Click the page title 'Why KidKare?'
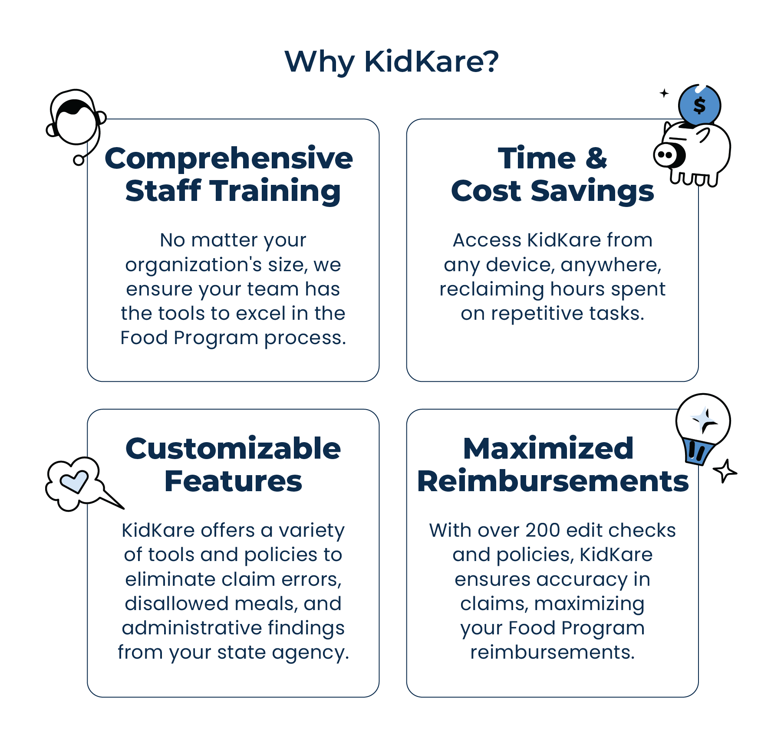point(392,62)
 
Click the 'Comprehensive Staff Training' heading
point(229,174)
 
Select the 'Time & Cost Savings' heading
point(552,174)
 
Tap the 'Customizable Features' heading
point(233,465)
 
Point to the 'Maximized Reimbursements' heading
point(553,465)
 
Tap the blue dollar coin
point(699,105)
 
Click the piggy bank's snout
point(667,155)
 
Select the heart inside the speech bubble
point(75,482)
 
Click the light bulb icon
point(703,430)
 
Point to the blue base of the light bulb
point(698,452)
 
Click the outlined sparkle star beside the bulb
point(725,471)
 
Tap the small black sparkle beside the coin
point(664,93)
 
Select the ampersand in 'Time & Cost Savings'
point(596,158)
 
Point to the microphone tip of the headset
point(79,160)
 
